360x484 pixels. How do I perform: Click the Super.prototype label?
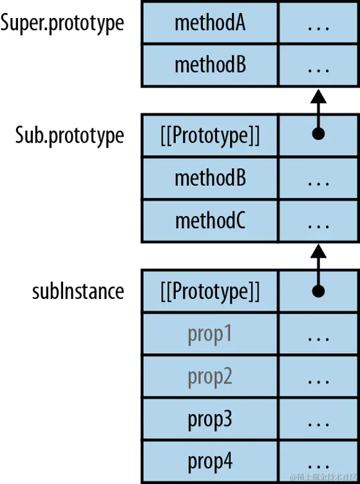(x=62, y=23)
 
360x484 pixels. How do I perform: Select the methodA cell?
(x=210, y=23)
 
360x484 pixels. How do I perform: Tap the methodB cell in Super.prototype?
(x=210, y=64)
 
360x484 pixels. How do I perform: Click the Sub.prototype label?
(x=70, y=135)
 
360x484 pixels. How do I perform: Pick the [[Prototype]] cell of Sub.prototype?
(x=210, y=135)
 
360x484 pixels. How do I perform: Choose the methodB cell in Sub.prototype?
(x=210, y=177)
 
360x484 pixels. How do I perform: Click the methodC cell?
(x=210, y=220)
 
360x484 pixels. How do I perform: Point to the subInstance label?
(x=78, y=291)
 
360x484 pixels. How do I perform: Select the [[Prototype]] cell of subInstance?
(x=210, y=291)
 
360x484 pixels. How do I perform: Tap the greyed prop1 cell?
(x=210, y=334)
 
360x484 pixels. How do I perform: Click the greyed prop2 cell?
(x=210, y=376)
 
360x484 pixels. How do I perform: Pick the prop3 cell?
(x=210, y=419)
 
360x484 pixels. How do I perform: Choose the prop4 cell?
(x=210, y=461)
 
